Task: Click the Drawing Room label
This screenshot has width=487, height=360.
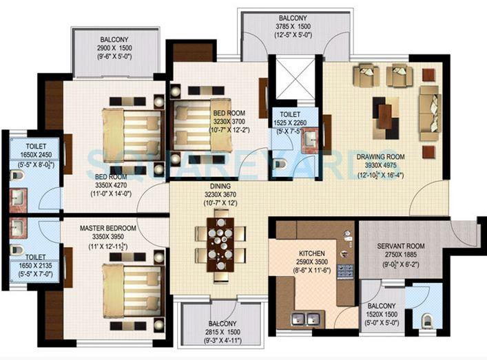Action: point(380,157)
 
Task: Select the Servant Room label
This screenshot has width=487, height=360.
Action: point(401,246)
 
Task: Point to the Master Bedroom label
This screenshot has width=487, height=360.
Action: point(107,228)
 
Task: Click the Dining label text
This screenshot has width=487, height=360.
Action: point(220,185)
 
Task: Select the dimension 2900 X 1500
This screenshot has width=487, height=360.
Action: point(116,50)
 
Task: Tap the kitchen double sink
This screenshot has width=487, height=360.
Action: point(307,319)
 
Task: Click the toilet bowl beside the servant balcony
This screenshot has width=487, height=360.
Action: point(426,321)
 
